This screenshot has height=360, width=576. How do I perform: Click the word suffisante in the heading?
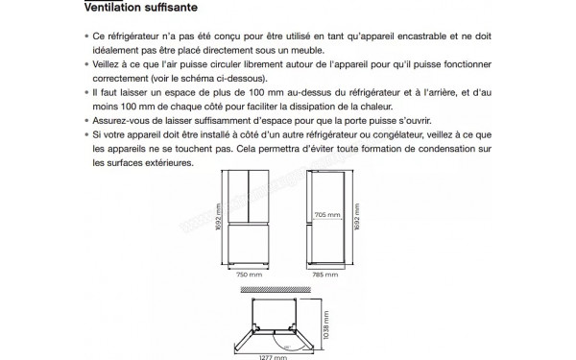point(171,8)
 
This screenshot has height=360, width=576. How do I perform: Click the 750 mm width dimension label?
point(249,275)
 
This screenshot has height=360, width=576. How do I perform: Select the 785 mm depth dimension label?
point(325,275)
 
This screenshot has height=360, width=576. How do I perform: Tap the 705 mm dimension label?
point(327,214)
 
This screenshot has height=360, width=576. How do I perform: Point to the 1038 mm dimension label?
point(326,325)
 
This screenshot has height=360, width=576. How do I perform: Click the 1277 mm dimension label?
point(273,357)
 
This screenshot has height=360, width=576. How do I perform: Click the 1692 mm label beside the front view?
point(218,217)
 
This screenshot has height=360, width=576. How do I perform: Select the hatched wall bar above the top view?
point(276,290)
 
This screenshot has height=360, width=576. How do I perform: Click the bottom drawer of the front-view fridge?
point(249,243)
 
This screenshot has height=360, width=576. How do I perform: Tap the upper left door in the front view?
point(238,197)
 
